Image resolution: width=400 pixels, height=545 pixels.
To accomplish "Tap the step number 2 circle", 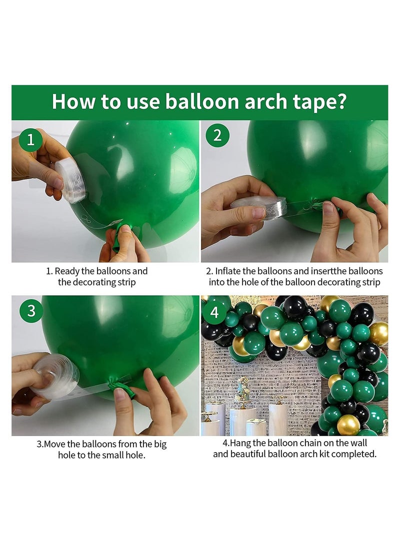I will pyautogui.click(x=217, y=135).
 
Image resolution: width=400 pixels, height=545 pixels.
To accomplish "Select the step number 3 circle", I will pyautogui.click(x=31, y=311).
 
